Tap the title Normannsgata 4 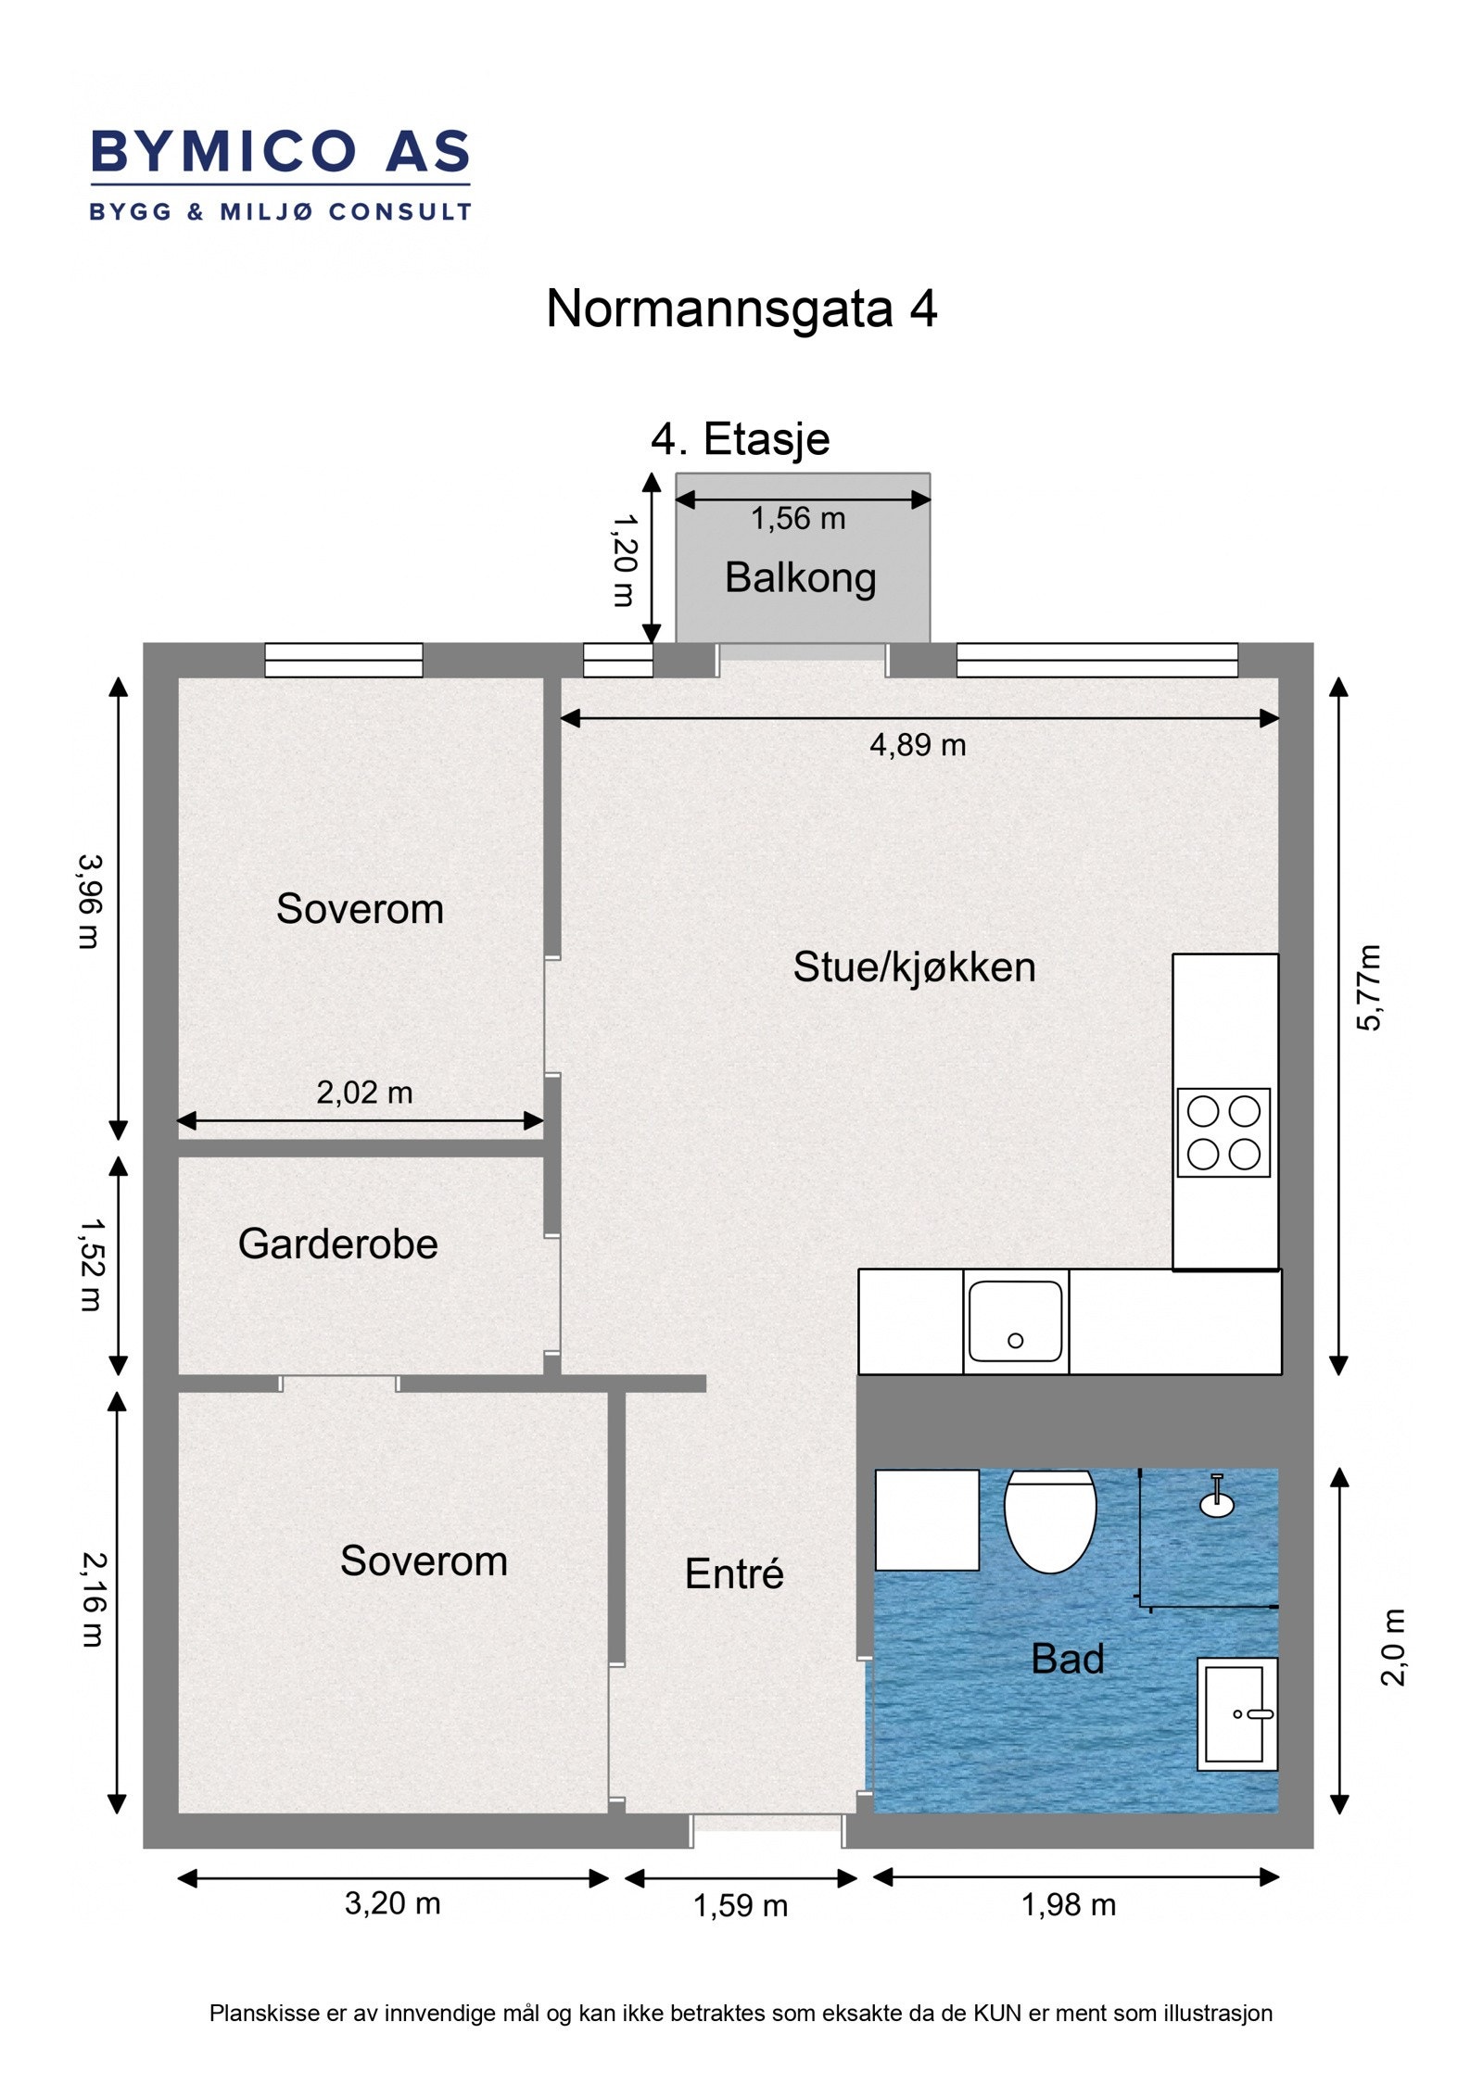(x=741, y=309)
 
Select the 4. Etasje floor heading (x=740, y=439)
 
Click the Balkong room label (x=800, y=578)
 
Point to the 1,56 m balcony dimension (x=798, y=519)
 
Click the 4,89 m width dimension (x=918, y=745)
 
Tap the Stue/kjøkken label (x=914, y=967)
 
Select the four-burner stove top (x=1223, y=1132)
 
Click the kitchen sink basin (x=1015, y=1321)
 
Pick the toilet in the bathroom (x=1050, y=1521)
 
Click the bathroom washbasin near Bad (x=1237, y=1713)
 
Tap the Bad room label (x=1068, y=1659)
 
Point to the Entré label (x=734, y=1573)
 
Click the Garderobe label (x=337, y=1244)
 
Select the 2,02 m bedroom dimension (x=364, y=1093)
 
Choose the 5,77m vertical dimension (x=1369, y=988)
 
